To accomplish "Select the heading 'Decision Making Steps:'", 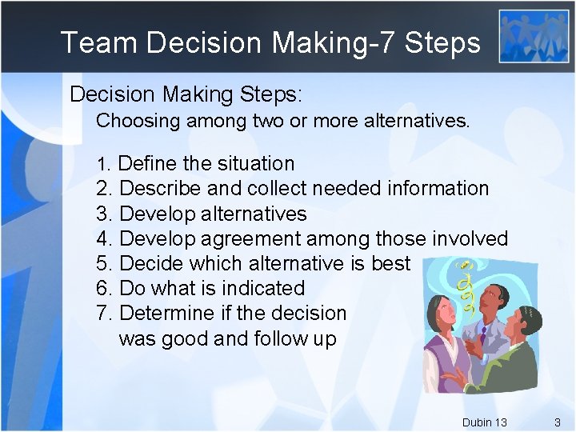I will point(186,94).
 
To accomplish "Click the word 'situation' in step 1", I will point(254,164).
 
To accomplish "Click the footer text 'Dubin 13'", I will point(484,422).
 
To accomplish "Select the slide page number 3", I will point(558,422).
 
